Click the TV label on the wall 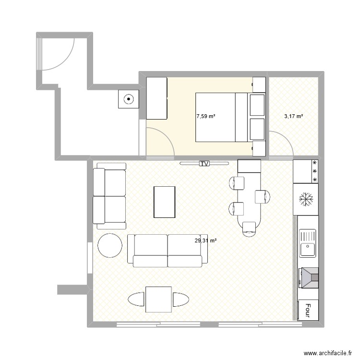tap(204, 164)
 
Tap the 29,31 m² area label tap(205, 240)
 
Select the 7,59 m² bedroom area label tap(205, 116)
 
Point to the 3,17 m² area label tap(293, 116)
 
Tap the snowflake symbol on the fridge tap(305, 199)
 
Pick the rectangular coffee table tap(164, 202)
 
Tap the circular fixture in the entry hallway tap(128, 100)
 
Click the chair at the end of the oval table tap(250, 229)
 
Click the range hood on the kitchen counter tap(309, 277)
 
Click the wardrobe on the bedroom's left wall tap(156, 98)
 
